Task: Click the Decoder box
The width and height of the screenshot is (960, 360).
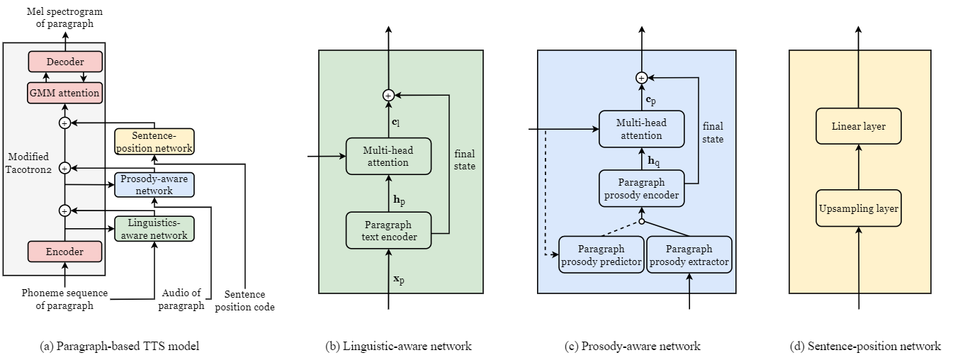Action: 65,62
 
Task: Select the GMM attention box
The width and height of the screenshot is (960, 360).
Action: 65,93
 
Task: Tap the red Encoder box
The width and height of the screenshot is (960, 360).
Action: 64,252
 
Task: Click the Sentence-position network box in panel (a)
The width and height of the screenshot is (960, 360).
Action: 154,142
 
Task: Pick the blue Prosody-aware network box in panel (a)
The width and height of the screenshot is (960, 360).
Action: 154,185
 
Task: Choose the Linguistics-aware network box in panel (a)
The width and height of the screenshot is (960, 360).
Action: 154,229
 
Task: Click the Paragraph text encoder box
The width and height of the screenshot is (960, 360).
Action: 389,230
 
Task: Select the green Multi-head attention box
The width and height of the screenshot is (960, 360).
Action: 389,156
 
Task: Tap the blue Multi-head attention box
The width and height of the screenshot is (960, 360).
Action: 642,129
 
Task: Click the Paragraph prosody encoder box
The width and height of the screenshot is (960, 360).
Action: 642,189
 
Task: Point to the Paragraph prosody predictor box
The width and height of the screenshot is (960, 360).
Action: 602,254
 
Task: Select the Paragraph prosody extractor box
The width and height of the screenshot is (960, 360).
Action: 689,254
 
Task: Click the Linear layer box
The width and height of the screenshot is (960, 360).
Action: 859,126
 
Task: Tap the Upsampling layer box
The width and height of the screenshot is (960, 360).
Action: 859,208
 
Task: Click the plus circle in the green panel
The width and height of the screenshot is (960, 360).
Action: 388,95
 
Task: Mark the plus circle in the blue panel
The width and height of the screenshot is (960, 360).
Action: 642,77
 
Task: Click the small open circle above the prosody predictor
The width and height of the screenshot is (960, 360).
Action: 642,222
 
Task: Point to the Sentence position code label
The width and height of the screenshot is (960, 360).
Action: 244,300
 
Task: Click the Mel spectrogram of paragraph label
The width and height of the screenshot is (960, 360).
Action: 64,18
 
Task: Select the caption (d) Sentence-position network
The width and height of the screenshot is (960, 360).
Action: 865,346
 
